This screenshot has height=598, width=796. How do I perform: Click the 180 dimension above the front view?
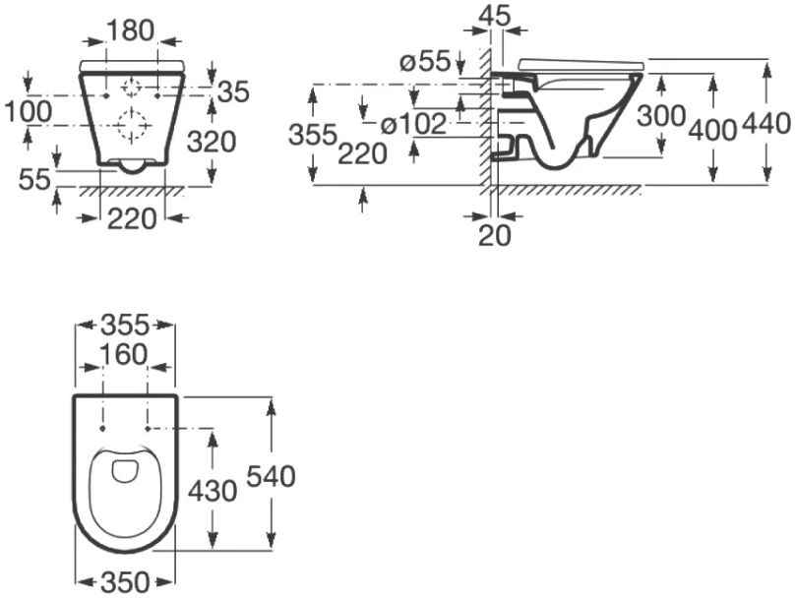tap(131, 30)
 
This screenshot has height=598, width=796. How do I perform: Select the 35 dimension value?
tap(234, 91)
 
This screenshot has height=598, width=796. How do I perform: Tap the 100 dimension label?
tap(28, 111)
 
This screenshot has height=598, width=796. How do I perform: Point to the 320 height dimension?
tap(212, 142)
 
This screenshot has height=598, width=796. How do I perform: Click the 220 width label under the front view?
tap(132, 219)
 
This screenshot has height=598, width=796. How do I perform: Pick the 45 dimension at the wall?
tap(495, 16)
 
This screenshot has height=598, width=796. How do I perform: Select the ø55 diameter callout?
tap(425, 62)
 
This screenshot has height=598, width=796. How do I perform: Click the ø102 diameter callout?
tap(413, 124)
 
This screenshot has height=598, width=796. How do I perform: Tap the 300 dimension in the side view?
tap(661, 116)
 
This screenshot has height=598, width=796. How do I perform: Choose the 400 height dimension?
tap(713, 130)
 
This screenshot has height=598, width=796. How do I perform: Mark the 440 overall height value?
tap(766, 123)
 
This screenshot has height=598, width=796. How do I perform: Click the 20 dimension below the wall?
tap(495, 235)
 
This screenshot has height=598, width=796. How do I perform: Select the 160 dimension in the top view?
tap(124, 354)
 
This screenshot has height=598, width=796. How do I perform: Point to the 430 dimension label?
tap(213, 491)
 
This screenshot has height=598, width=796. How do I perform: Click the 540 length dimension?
tap(272, 476)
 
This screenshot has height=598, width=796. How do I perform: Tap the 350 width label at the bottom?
tap(125, 582)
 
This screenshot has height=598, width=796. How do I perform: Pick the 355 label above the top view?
tap(125, 325)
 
